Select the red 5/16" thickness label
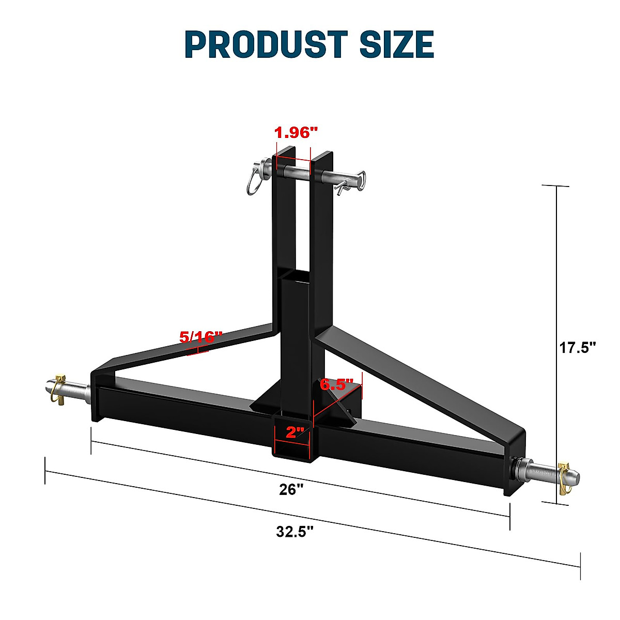(200, 337)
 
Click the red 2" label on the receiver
(295, 432)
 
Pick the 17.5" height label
(578, 347)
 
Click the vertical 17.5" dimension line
(557, 289)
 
